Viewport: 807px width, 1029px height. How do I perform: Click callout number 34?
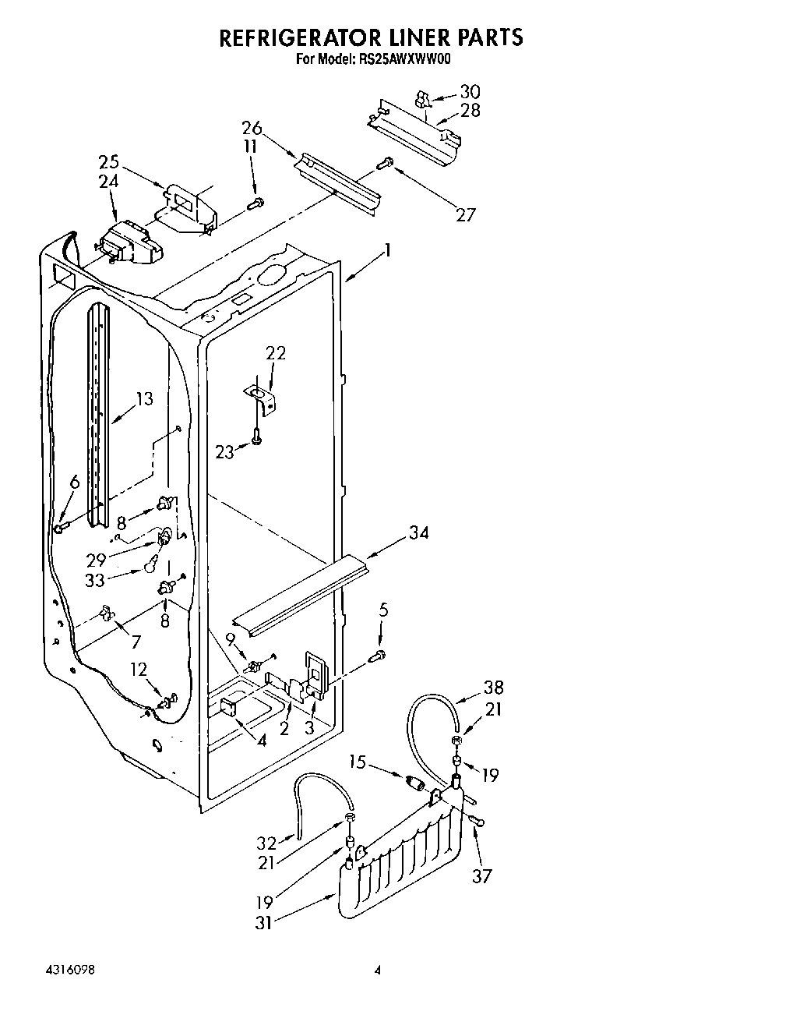point(418,533)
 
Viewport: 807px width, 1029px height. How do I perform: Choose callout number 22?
point(276,353)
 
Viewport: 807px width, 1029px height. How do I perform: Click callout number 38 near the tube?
point(493,688)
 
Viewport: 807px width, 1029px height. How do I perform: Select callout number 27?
point(464,215)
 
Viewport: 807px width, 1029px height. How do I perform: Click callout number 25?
point(108,162)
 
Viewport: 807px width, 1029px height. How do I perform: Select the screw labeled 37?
point(478,819)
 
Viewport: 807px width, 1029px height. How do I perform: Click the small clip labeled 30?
point(423,99)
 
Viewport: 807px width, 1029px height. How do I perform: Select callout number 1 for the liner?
point(387,251)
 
